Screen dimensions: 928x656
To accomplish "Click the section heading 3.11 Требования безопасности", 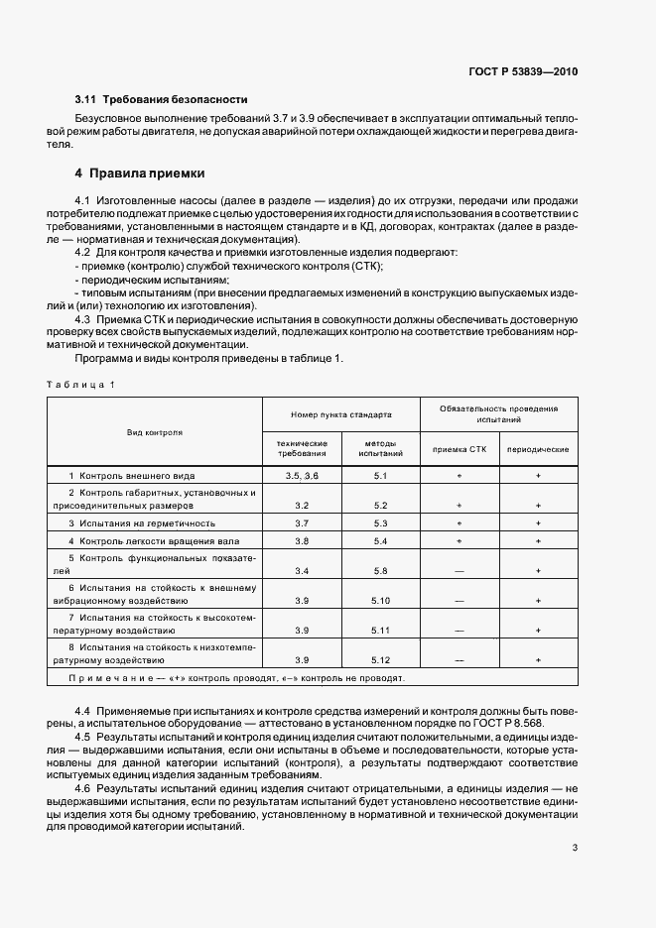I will tap(161, 100).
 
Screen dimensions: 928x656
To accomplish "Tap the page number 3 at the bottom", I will tap(574, 819).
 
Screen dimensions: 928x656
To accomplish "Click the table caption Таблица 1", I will tap(81, 384).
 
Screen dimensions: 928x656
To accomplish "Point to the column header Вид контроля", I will tap(154, 432).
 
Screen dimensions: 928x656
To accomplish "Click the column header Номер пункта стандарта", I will tap(340, 413).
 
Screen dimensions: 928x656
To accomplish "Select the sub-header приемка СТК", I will tap(459, 449).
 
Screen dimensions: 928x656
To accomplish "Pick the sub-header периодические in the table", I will tap(538, 449).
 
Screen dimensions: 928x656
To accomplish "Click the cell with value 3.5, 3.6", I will tap(302, 477).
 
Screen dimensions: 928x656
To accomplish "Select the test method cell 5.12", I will tap(381, 659).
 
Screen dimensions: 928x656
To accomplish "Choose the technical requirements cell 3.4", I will tap(302, 571).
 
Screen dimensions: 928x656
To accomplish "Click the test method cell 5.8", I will tap(381, 571).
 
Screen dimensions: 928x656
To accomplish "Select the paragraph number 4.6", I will tap(83, 786).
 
